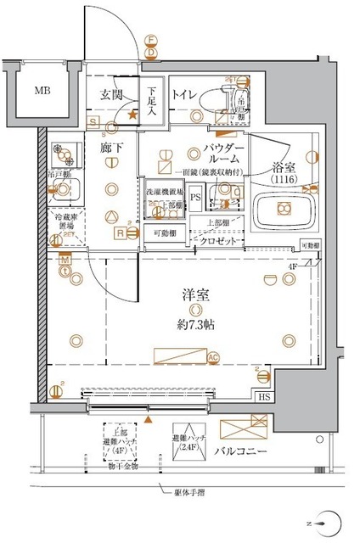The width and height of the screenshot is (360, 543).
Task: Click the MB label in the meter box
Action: click(x=42, y=89)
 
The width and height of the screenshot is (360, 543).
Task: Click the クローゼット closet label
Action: click(x=220, y=241)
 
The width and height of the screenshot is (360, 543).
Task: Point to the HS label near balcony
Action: click(x=265, y=398)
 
